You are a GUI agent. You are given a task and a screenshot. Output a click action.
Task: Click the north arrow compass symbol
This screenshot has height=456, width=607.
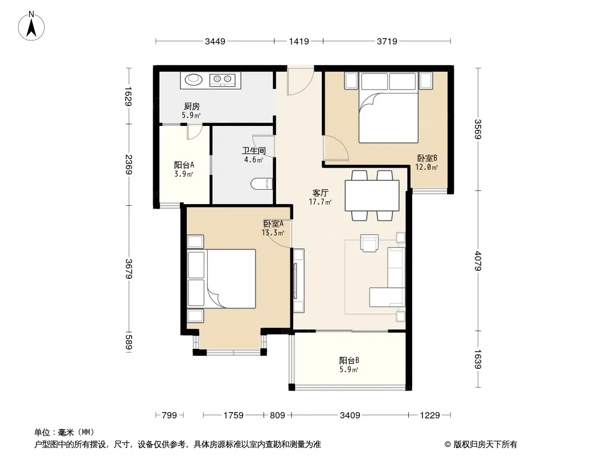[x=31, y=26]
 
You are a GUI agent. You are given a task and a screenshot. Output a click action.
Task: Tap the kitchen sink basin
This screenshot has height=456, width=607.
[x=194, y=79]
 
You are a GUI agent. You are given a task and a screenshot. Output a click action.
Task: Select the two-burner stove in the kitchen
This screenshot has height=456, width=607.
[x=222, y=80]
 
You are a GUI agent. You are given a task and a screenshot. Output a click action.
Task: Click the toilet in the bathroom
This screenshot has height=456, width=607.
[x=262, y=183]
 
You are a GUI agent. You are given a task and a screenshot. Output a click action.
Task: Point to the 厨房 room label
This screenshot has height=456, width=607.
[x=192, y=106]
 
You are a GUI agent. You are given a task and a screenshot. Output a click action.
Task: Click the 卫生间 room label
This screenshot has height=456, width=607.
[x=254, y=150]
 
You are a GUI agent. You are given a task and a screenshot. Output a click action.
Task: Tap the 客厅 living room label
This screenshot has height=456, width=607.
[x=321, y=193]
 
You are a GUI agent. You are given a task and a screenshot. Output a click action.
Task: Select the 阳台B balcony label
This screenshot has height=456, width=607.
[x=349, y=360]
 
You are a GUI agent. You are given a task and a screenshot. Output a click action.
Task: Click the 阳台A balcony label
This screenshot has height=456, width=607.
[x=184, y=165]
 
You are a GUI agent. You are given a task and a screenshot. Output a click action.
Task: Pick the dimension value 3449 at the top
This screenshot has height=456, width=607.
[x=215, y=41]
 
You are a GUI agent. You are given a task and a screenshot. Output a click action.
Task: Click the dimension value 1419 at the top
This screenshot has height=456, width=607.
[x=299, y=41]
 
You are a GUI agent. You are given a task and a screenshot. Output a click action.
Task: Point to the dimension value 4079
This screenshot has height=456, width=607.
[x=478, y=261]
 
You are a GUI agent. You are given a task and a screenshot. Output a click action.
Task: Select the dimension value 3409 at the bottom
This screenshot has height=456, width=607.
[x=350, y=416]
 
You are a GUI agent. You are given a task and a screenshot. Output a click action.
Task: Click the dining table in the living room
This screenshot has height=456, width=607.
[x=372, y=196]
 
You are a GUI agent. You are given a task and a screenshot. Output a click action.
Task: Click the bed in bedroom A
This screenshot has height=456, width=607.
[x=222, y=279]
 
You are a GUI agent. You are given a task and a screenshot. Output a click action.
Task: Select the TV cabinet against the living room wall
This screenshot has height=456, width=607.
[x=298, y=280]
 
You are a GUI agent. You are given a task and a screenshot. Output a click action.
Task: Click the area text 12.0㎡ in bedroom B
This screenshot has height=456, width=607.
[x=426, y=168]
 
